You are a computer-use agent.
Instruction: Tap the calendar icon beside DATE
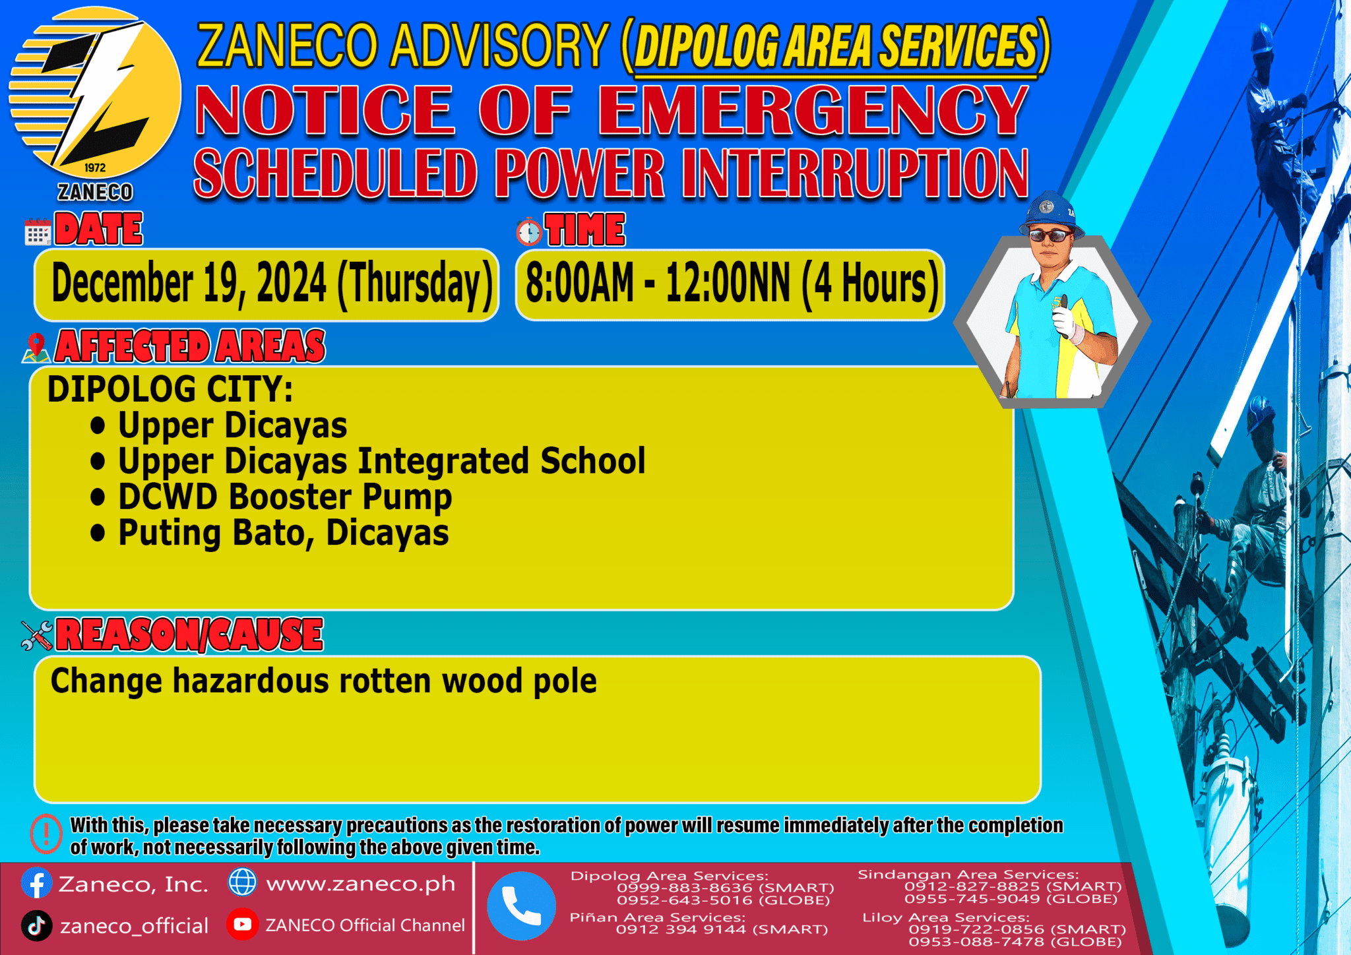(38, 231)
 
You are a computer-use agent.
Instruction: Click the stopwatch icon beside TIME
(529, 231)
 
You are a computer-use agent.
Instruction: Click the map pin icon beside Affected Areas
(36, 348)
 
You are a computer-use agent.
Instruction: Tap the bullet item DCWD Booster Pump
(284, 497)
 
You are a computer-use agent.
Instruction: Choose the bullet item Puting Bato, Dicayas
(283, 533)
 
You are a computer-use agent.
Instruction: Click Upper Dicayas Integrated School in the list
(381, 460)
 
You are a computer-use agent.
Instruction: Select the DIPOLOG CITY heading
(170, 389)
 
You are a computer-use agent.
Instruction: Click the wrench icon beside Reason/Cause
(37, 635)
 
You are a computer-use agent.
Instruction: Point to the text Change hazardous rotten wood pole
(323, 681)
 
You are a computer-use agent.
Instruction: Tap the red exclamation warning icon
(46, 834)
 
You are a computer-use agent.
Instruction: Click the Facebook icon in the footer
(37, 883)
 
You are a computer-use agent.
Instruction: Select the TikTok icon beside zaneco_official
(37, 925)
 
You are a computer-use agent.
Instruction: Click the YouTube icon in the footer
(242, 925)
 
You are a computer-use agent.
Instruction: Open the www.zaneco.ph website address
(360, 884)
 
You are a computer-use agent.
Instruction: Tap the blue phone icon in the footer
(521, 906)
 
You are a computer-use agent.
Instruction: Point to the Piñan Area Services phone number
(722, 929)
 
